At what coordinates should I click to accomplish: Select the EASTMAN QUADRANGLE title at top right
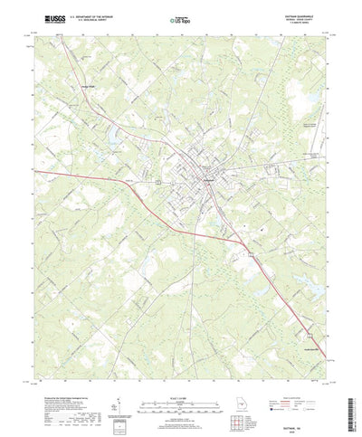click(x=299, y=13)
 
